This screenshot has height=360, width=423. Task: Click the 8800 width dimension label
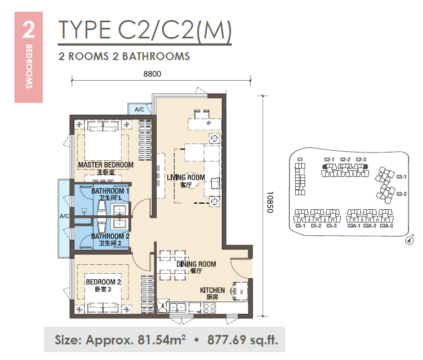tap(152, 74)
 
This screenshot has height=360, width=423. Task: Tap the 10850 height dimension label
tap(270, 202)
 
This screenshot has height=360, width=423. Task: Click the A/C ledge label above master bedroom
tap(140, 110)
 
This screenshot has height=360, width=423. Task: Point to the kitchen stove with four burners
tap(210, 308)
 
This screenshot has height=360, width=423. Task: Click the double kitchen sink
tap(178, 307)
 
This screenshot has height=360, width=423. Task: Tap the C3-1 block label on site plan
tap(401, 176)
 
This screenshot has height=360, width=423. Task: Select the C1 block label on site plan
tap(300, 160)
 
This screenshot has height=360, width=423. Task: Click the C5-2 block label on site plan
tap(316, 226)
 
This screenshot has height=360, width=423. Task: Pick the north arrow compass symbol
tap(410, 240)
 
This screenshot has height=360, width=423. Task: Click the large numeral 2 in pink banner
tap(28, 29)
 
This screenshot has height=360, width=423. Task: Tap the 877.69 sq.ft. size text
tap(242, 340)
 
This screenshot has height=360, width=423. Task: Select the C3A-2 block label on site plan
tap(370, 226)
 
